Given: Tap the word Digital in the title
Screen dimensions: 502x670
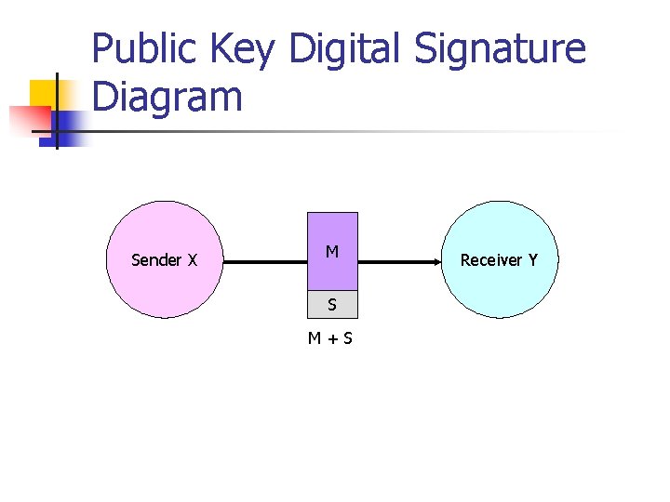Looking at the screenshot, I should (347, 49).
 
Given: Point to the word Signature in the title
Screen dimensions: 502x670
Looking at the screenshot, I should (501, 49).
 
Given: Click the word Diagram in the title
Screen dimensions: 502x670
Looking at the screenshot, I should (167, 97).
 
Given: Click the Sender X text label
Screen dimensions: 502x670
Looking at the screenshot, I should (164, 260).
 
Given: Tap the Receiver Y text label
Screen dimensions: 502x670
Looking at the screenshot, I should (499, 260).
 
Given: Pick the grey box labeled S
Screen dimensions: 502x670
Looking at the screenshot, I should (332, 304).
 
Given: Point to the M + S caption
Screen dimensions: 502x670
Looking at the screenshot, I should (331, 338).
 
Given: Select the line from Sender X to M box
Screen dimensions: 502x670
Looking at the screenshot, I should (265, 263).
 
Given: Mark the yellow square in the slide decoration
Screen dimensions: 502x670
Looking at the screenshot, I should (45, 94).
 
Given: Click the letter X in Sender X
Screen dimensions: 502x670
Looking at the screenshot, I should (192, 260).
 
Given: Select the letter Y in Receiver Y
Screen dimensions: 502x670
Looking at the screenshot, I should (532, 260).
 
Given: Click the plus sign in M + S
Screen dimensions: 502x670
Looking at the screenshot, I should (331, 338).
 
